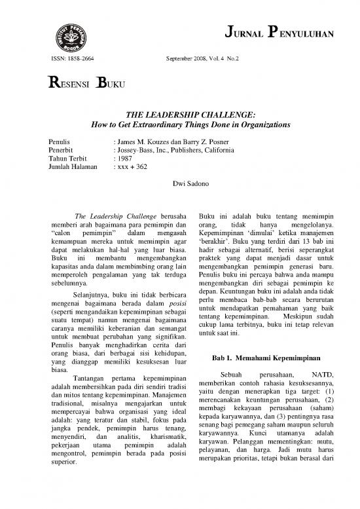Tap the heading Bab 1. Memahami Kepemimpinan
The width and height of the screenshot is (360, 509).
click(x=265, y=358)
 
